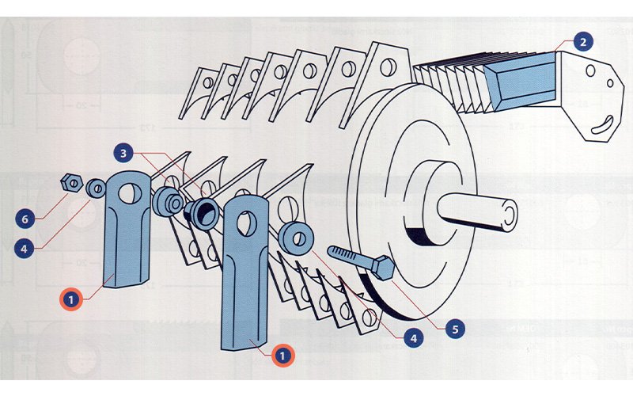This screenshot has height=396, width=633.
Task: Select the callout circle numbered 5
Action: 455,326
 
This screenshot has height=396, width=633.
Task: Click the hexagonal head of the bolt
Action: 383,268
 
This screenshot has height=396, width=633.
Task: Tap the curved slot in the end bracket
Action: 604,121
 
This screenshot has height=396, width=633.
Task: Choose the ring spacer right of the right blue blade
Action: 296,238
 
